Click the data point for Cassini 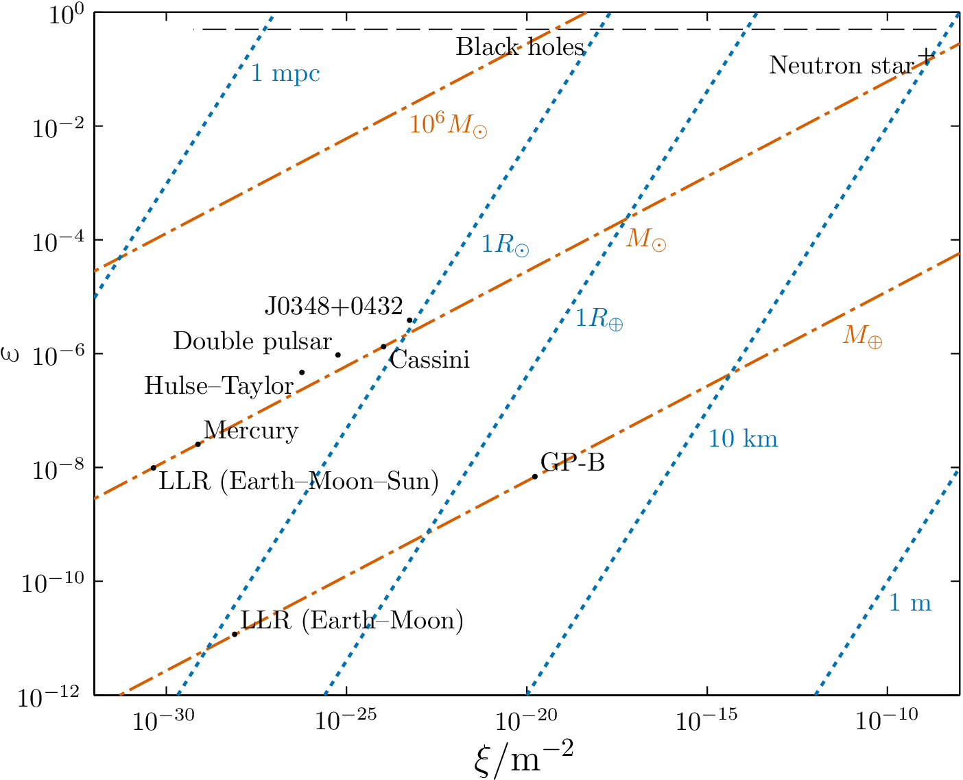(383, 346)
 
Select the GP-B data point (535, 476)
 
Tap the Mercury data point (198, 444)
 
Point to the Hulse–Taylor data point (302, 373)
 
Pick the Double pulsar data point (338, 355)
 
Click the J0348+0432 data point (409, 320)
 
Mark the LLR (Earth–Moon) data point (235, 634)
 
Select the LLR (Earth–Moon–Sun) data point (154, 468)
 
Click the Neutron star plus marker (926, 56)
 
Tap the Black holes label (520, 47)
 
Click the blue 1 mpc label (285, 73)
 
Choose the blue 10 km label (743, 438)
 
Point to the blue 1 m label (910, 602)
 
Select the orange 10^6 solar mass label (448, 125)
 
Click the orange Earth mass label (862, 335)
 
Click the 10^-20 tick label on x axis (526, 720)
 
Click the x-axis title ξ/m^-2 (523, 758)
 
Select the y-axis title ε (12, 354)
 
